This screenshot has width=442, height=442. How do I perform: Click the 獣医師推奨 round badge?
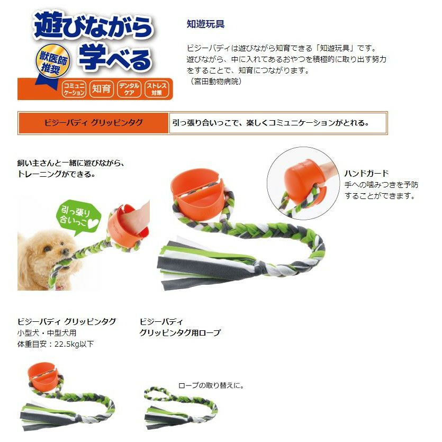[x=52, y=61]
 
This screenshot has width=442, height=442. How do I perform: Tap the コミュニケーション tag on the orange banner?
[x=74, y=89]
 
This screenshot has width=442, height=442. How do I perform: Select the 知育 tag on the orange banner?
[x=101, y=89]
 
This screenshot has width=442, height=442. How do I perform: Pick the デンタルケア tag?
[x=129, y=89]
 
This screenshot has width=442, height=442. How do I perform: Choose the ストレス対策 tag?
[x=157, y=89]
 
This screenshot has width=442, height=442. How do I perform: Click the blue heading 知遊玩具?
[x=205, y=24]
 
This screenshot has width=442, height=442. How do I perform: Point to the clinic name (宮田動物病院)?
[x=216, y=82]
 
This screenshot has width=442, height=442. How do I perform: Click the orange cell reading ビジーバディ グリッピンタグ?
[x=93, y=123]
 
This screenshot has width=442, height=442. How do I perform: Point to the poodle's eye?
[x=47, y=249]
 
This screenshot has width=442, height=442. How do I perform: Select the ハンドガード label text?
[x=366, y=173]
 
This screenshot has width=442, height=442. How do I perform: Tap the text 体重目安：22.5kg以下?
[x=55, y=344]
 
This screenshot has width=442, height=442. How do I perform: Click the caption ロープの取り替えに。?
[x=211, y=385]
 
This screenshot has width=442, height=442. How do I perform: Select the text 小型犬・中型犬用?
[x=47, y=333]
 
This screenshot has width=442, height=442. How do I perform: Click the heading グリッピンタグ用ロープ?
[x=180, y=333]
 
